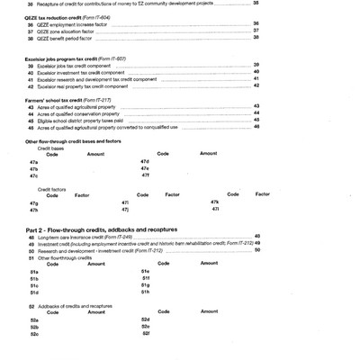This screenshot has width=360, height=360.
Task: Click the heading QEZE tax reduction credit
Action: (67, 16)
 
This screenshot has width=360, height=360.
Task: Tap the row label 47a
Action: (34, 161)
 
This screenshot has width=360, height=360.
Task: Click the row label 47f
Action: (145, 175)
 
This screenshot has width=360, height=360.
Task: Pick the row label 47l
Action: (214, 210)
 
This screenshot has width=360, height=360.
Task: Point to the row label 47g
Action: (34, 202)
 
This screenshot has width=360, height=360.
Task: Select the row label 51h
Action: (145, 292)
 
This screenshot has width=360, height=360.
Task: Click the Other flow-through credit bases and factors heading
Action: (73, 141)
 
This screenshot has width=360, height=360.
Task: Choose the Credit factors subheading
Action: (52, 189)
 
